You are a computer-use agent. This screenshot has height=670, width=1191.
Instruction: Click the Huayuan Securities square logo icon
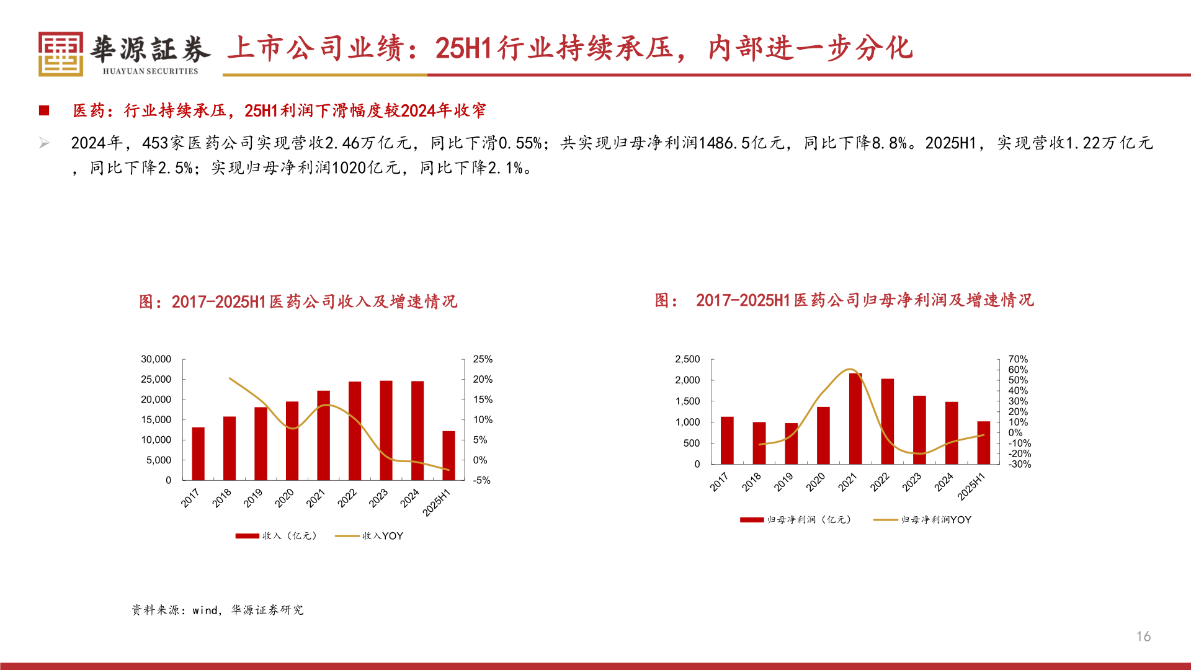pos(60,54)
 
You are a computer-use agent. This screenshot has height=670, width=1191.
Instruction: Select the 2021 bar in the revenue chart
pos(323,435)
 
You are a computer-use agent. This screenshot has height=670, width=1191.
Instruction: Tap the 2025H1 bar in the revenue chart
pos(448,455)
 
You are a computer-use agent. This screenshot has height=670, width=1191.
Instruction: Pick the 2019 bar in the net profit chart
pos(791,444)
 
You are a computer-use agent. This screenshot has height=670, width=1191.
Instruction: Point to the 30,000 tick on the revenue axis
pos(156,359)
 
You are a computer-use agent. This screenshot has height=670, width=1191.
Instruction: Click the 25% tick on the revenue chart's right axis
pos(483,359)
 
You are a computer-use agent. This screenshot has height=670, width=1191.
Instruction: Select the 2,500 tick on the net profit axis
pos(687,359)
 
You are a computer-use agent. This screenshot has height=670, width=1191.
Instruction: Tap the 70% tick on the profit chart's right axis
pos(1018,359)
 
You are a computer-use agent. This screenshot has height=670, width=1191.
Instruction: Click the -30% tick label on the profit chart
pos(1019,464)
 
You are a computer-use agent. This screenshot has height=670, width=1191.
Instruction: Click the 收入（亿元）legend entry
pos(277,536)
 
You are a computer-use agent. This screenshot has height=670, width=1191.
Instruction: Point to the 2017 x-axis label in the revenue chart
pos(190,498)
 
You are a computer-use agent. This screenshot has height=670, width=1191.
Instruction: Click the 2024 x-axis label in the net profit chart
pos(943,482)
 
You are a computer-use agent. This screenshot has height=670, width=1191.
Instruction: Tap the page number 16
pos(1143,636)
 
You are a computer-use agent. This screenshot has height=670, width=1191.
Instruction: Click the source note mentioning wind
pos(217,610)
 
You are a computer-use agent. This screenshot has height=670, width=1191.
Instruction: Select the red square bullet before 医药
pos(44,110)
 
